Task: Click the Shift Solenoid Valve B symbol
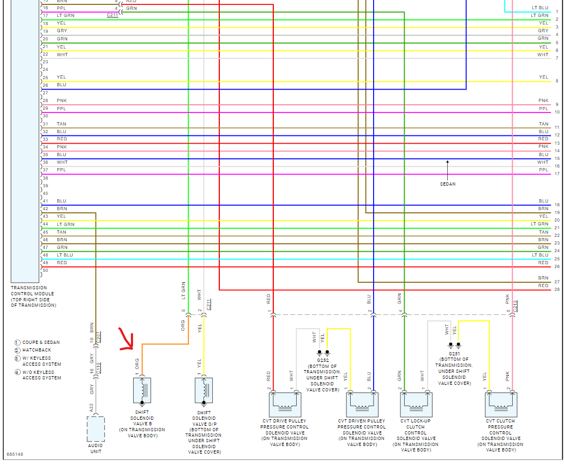142,390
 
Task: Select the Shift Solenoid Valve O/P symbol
203,390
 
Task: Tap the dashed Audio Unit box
95,429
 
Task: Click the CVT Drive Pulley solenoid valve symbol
282,404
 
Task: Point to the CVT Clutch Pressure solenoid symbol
501,404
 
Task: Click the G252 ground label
322,361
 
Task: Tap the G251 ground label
454,353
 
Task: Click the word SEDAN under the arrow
447,184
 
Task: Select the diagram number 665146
15,454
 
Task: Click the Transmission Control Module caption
33,296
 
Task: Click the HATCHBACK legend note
37,350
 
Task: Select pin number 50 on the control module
45,270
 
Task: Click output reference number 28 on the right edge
557,289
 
